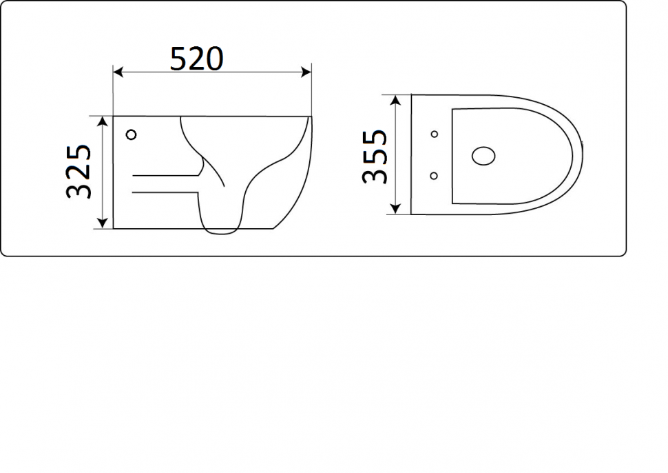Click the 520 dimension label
(197, 59)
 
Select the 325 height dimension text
(80, 171)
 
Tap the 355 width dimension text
(375, 156)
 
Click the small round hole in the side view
(132, 134)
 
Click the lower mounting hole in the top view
(434, 176)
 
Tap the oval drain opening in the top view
(484, 155)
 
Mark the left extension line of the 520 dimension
(112, 90)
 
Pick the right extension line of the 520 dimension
(312, 90)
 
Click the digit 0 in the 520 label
(213, 59)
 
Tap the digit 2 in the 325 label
(80, 171)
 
